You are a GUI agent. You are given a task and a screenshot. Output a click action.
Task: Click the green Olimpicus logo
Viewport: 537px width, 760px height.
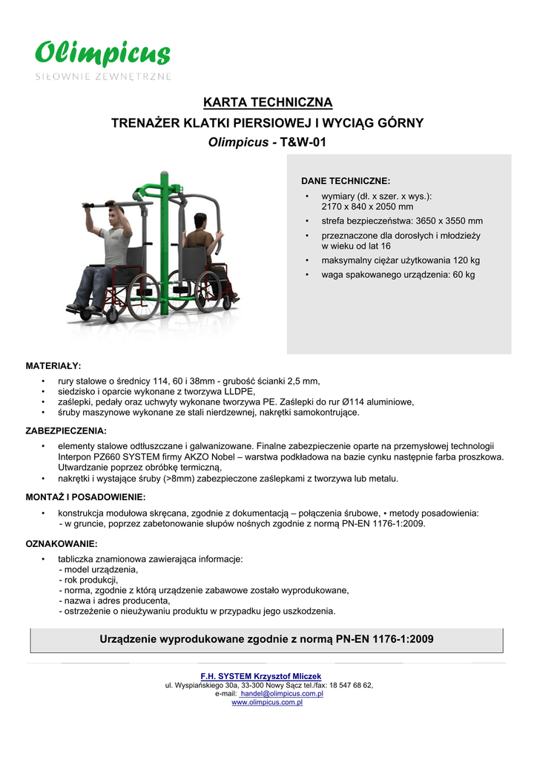(x=103, y=54)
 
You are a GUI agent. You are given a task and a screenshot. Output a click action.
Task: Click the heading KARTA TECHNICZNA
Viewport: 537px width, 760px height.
(x=268, y=102)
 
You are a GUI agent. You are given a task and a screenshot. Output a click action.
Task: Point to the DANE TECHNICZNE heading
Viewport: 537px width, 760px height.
(x=345, y=181)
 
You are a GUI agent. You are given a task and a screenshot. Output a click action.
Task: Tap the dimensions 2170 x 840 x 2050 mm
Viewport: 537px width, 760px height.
(x=367, y=207)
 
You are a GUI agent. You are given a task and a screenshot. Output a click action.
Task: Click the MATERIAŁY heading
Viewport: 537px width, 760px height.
(x=53, y=366)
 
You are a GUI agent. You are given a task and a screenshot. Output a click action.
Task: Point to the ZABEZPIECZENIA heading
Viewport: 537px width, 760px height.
(x=66, y=430)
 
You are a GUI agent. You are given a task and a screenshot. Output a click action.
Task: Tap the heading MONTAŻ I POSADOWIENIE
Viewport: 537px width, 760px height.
(x=85, y=496)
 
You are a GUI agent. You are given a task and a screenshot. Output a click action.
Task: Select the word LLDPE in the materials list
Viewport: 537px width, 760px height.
(x=238, y=392)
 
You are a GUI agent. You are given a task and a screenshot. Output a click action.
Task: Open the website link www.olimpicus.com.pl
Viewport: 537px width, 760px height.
(x=267, y=702)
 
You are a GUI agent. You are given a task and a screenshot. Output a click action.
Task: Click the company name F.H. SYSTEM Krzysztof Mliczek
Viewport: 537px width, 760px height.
(x=261, y=676)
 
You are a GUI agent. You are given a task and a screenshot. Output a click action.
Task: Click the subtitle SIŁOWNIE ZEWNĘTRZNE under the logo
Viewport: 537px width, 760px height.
(x=104, y=76)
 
